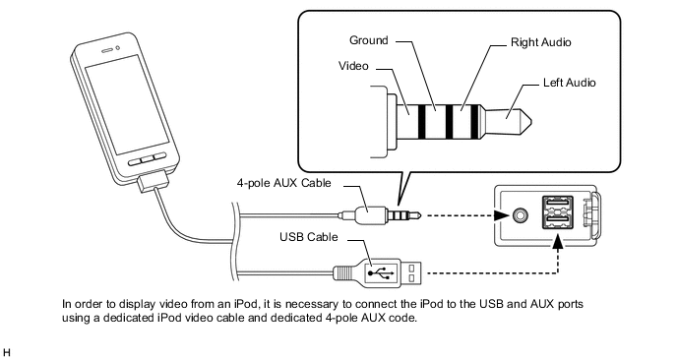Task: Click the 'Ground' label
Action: click(369, 41)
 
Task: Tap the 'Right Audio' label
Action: click(541, 43)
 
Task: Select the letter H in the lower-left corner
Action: click(7, 350)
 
